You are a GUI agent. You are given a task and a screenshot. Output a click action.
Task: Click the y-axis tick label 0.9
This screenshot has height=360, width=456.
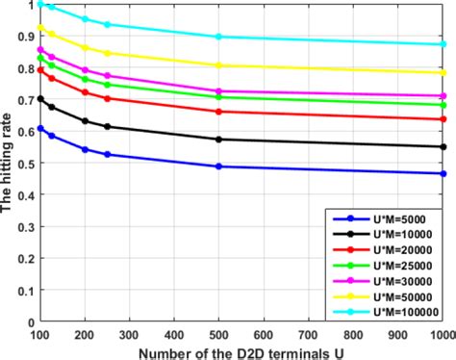tap(25, 37)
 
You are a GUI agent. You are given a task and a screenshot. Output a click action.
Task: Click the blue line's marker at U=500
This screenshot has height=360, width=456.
tap(219, 167)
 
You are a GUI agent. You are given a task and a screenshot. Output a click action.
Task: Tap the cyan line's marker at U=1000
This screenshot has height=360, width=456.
tap(443, 44)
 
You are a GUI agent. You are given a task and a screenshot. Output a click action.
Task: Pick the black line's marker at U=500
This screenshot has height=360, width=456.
tap(219, 140)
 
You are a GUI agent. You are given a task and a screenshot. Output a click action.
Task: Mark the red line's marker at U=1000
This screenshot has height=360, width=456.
tap(443, 119)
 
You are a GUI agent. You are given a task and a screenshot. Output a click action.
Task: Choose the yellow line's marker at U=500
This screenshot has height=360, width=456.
tap(219, 65)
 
